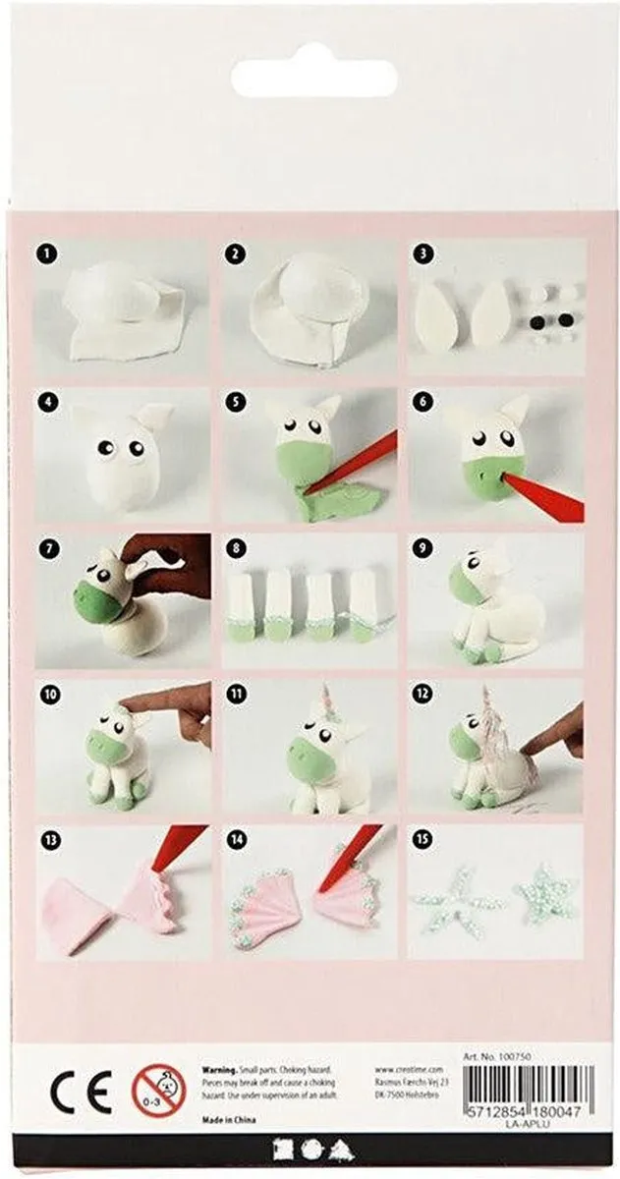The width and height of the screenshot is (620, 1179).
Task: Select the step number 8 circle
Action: tap(235, 547)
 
